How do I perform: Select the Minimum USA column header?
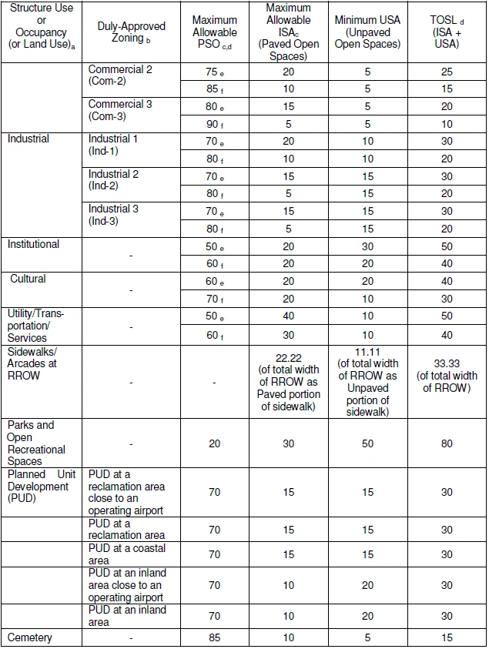[368, 32]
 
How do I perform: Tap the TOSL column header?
[447, 32]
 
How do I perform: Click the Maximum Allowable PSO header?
[215, 32]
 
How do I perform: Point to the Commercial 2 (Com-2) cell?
[120, 75]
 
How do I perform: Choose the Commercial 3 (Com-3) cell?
[120, 110]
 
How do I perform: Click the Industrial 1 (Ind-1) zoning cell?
[114, 145]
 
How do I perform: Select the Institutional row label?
[33, 244]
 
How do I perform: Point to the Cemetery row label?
[30, 637]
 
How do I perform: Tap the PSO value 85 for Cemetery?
[215, 637]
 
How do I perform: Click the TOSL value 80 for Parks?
[447, 443]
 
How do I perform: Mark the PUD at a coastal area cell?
[127, 554]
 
